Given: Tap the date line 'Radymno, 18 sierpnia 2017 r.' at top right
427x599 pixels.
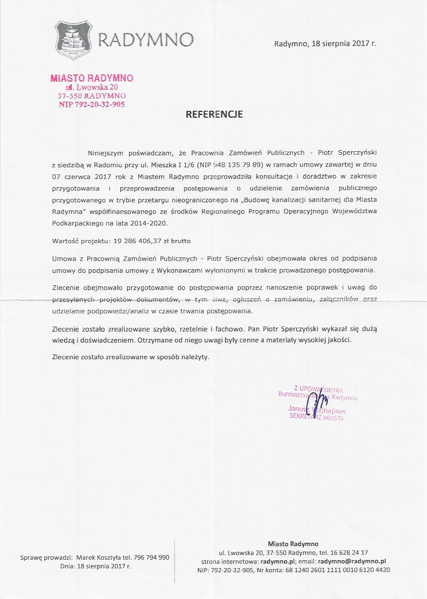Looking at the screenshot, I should [325, 43].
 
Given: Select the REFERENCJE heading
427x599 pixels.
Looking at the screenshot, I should [214, 115].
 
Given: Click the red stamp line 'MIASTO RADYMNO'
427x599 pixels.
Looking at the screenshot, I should [92, 78].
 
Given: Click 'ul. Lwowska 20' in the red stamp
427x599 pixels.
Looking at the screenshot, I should [92, 87].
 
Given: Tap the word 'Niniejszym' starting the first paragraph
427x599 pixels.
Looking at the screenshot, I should [106, 153].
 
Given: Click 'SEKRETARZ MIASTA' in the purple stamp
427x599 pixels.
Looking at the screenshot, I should [317, 417].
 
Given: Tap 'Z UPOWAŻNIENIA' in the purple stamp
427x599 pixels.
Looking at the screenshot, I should [318, 389].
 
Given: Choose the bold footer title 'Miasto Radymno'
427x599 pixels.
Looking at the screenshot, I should [293, 544].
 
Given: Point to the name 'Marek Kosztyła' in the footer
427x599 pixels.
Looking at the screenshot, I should [99, 557].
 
